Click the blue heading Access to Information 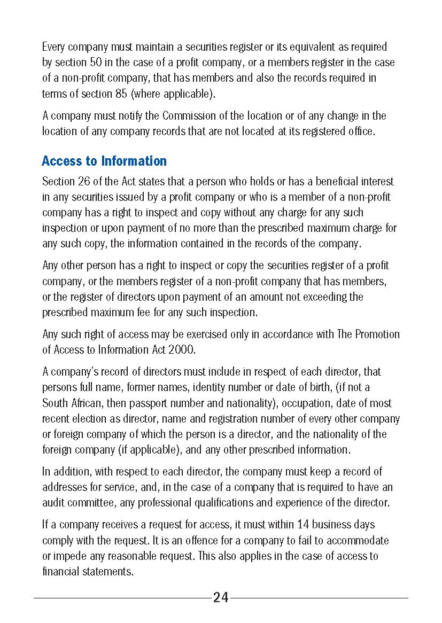[x=104, y=161]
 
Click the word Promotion [x=375, y=334]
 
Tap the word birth [x=329, y=387]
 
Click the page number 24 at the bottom [x=221, y=598]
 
